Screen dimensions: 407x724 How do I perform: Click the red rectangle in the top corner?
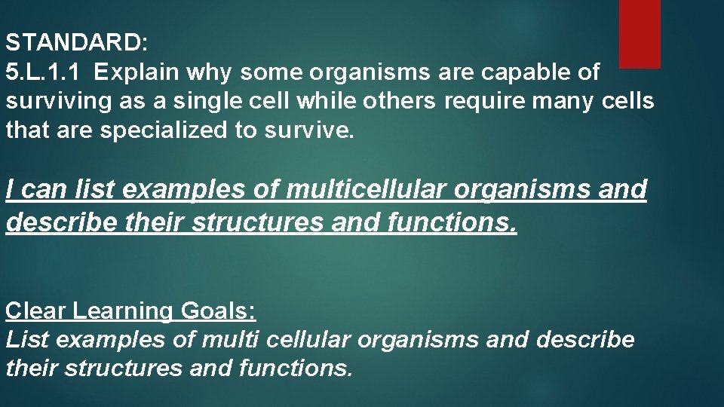(640, 33)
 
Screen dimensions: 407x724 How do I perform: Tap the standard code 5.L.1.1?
(45, 72)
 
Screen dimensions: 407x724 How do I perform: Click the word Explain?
(137, 72)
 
